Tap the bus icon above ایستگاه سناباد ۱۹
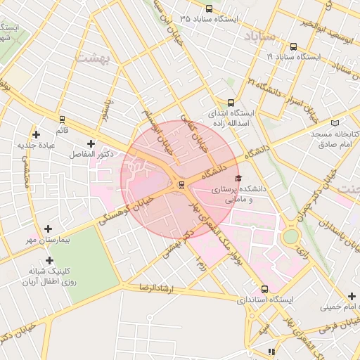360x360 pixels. point(293,47)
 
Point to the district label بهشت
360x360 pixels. point(92,56)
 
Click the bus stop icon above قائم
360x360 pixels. point(62,120)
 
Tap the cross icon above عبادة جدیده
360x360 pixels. point(37,134)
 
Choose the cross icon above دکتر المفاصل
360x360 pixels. point(91,143)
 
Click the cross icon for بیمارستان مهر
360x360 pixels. point(48,229)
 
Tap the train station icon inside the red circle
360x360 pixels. point(182,185)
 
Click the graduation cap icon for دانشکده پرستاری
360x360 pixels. point(238,179)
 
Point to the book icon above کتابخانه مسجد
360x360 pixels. point(314,122)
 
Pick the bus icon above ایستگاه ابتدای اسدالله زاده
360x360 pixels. point(231,102)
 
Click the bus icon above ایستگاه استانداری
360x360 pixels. point(264,288)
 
